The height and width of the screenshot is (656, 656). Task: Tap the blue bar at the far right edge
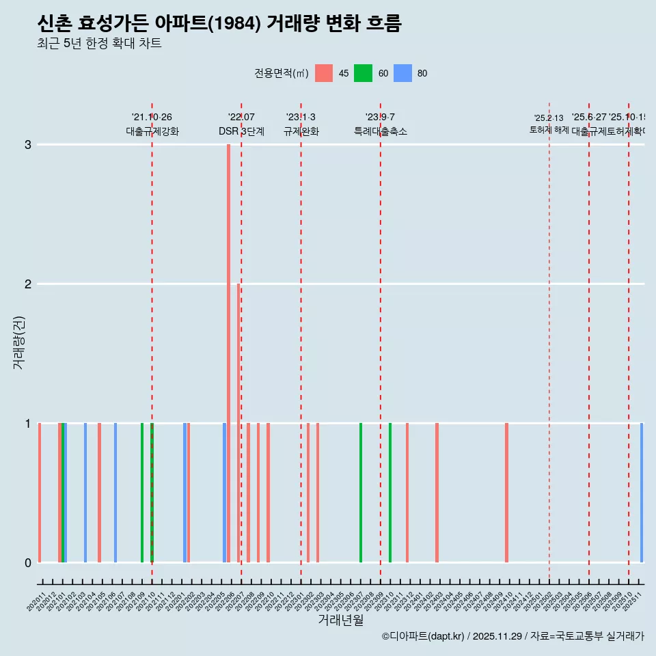(x=642, y=492)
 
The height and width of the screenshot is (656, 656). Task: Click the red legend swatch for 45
(x=324, y=73)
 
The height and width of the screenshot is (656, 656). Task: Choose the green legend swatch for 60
(x=363, y=73)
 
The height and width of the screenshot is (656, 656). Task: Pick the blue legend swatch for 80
(x=402, y=73)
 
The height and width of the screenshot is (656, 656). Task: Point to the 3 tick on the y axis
(x=28, y=145)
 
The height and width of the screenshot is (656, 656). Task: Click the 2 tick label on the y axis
(x=28, y=284)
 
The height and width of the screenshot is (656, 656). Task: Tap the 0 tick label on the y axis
(x=28, y=563)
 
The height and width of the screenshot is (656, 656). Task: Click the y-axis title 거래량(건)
(x=19, y=342)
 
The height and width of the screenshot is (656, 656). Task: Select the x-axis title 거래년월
(x=340, y=620)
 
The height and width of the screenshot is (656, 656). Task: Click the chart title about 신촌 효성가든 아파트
(x=219, y=24)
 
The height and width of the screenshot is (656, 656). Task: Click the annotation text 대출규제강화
(x=152, y=132)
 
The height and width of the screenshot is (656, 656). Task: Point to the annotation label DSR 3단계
(x=241, y=132)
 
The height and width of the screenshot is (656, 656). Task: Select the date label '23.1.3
(x=301, y=118)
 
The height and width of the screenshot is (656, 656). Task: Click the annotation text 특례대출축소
(x=380, y=132)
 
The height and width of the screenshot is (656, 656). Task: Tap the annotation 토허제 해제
(x=549, y=130)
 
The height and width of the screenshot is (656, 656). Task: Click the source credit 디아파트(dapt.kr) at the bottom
(x=424, y=636)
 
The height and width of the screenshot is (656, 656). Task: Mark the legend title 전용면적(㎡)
(x=281, y=74)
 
